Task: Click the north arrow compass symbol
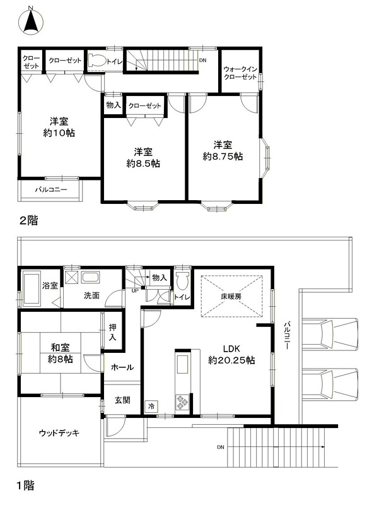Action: tap(31, 21)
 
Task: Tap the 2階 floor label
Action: tap(28, 220)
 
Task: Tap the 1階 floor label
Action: tap(26, 485)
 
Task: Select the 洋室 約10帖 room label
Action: tap(59, 128)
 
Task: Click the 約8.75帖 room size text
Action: tap(223, 157)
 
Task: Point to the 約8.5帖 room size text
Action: tap(143, 163)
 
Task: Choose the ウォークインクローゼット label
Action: tap(240, 73)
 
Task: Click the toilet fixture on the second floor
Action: tap(96, 61)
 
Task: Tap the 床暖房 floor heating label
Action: tap(231, 296)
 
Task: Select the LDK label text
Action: tap(231, 348)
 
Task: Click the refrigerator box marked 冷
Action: tap(151, 406)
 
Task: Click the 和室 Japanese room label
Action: tap(60, 348)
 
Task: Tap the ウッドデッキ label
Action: tap(59, 433)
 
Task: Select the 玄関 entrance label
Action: tap(122, 400)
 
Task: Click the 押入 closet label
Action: tap(112, 333)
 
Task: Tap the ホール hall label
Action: tap(122, 367)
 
